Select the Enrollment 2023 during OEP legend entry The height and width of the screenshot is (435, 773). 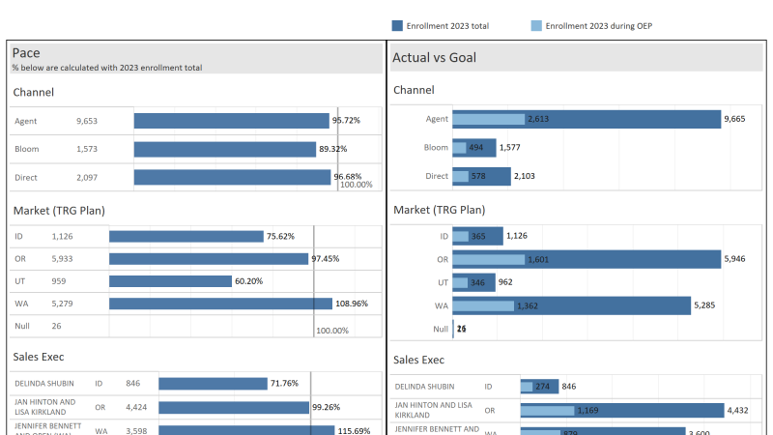(597, 26)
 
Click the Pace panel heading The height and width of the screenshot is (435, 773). (26, 53)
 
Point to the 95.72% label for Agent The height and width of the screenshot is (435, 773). (346, 121)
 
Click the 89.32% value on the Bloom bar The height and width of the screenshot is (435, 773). (332, 149)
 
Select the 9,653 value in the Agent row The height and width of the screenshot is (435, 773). (87, 121)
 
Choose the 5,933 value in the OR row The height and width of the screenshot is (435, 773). (64, 259)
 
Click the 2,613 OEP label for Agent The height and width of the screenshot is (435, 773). (538, 119)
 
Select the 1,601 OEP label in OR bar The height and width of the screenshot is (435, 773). (538, 259)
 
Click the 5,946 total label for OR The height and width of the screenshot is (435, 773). (735, 259)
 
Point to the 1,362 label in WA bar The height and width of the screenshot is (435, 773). (528, 305)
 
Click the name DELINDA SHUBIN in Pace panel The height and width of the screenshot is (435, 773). (43, 384)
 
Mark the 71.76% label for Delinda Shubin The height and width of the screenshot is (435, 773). (284, 384)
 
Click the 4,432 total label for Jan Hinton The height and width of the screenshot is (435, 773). (739, 410)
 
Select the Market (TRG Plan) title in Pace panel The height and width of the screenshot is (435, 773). (59, 210)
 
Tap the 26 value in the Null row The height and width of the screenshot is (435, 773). (57, 326)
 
